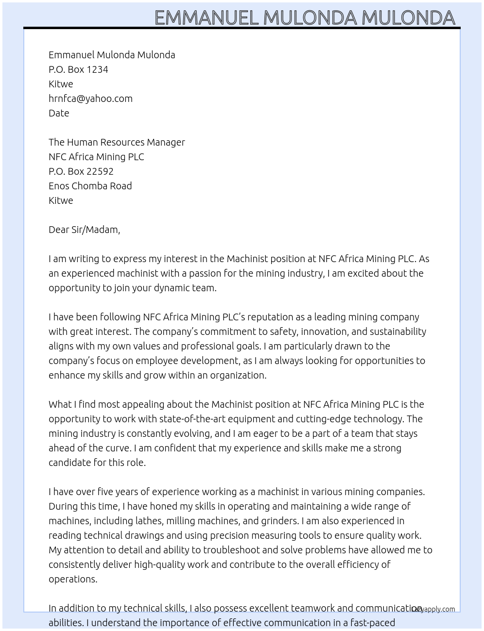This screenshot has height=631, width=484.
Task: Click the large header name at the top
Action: (x=305, y=18)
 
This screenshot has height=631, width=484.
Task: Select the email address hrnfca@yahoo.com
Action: (x=90, y=99)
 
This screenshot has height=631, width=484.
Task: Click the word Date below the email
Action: (x=59, y=113)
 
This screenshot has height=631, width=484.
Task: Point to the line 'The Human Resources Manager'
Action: (x=117, y=142)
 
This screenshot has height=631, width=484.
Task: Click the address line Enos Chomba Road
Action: (x=90, y=186)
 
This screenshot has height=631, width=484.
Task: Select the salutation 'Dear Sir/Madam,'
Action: (x=84, y=230)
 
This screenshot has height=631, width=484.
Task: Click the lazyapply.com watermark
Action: (x=433, y=609)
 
